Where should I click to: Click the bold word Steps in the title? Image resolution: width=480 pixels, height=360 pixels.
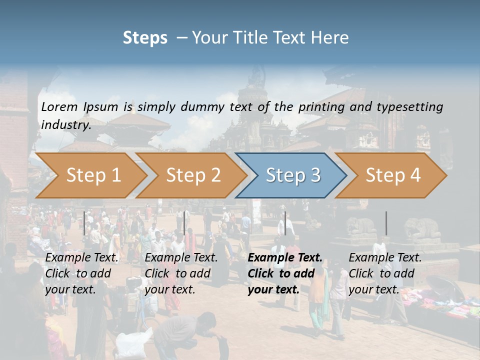[145, 38]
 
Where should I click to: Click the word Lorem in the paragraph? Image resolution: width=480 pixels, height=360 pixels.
[59, 106]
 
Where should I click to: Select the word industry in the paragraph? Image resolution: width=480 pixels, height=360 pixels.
[65, 125]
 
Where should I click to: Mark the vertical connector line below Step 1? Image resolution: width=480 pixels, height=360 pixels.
[84, 223]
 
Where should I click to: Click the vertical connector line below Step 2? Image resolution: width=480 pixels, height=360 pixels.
[184, 223]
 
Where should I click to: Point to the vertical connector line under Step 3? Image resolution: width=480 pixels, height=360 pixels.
[285, 223]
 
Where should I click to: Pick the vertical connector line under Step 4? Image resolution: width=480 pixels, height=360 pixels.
[386, 223]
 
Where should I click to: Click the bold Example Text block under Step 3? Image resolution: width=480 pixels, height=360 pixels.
[284, 273]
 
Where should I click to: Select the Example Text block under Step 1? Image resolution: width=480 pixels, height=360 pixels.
[81, 273]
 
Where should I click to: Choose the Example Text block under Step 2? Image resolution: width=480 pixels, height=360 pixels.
[181, 273]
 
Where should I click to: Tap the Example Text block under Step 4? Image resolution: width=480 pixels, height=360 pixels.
[385, 273]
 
